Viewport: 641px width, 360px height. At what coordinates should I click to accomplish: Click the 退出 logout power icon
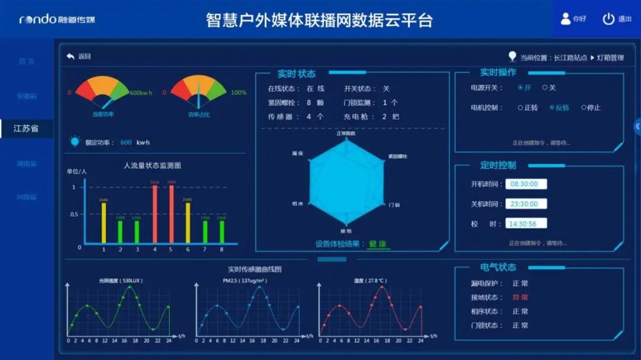(x=608, y=19)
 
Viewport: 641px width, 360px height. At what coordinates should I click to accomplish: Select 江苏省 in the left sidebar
(x=26, y=128)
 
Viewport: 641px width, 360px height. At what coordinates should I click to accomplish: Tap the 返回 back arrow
(x=71, y=56)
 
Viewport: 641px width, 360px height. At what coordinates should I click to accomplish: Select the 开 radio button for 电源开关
(x=521, y=88)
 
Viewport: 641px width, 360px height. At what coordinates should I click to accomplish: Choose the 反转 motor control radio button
(x=552, y=108)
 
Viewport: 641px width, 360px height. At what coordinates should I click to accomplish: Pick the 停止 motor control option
(x=583, y=108)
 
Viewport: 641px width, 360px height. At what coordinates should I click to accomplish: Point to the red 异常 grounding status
(x=520, y=297)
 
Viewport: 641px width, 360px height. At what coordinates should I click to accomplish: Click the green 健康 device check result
(x=378, y=244)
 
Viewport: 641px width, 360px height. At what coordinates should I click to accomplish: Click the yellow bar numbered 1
(x=104, y=222)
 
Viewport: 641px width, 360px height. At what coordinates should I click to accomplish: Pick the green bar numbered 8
(x=222, y=231)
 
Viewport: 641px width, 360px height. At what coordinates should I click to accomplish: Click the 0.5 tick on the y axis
(x=75, y=214)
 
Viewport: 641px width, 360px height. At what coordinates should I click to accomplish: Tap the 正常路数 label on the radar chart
(x=346, y=133)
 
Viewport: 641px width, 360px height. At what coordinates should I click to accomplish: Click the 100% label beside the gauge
(x=239, y=93)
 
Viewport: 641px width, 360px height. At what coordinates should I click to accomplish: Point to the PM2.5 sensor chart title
(x=245, y=281)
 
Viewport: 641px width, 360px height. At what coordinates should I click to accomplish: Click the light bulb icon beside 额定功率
(x=75, y=141)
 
